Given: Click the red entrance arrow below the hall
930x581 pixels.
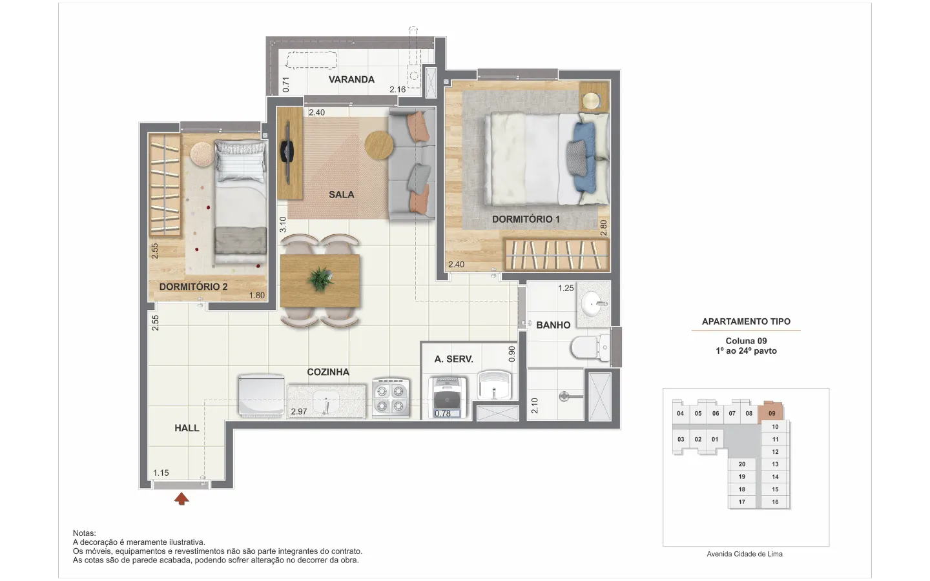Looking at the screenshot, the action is coord(181,498).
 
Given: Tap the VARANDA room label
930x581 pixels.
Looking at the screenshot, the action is coord(351,79).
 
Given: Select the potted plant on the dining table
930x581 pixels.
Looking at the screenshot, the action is coord(320,279).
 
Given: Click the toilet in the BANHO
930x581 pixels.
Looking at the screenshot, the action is coord(590,347).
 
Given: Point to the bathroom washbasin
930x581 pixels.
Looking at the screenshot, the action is coord(594,304).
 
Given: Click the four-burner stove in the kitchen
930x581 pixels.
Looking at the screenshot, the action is coord(391,398).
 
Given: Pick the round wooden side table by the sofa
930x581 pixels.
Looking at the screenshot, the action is coord(379,145).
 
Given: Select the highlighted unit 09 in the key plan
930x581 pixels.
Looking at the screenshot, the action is coord(772,413).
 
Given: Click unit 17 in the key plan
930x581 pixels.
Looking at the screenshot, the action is coord(742,502).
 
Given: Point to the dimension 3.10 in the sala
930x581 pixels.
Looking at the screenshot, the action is coord(283,224).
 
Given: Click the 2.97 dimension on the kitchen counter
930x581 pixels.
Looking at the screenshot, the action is coord(299,411).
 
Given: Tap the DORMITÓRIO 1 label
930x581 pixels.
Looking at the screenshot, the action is coord(526,219).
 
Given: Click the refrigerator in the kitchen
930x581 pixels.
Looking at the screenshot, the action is coord(261,396).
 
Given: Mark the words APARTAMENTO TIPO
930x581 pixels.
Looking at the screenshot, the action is coord(746,321).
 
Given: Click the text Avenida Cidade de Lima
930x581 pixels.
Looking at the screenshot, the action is coord(745,554).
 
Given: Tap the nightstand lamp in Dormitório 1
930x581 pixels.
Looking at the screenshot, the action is coord(591,101).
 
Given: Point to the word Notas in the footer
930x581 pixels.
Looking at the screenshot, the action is coord(84,533).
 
